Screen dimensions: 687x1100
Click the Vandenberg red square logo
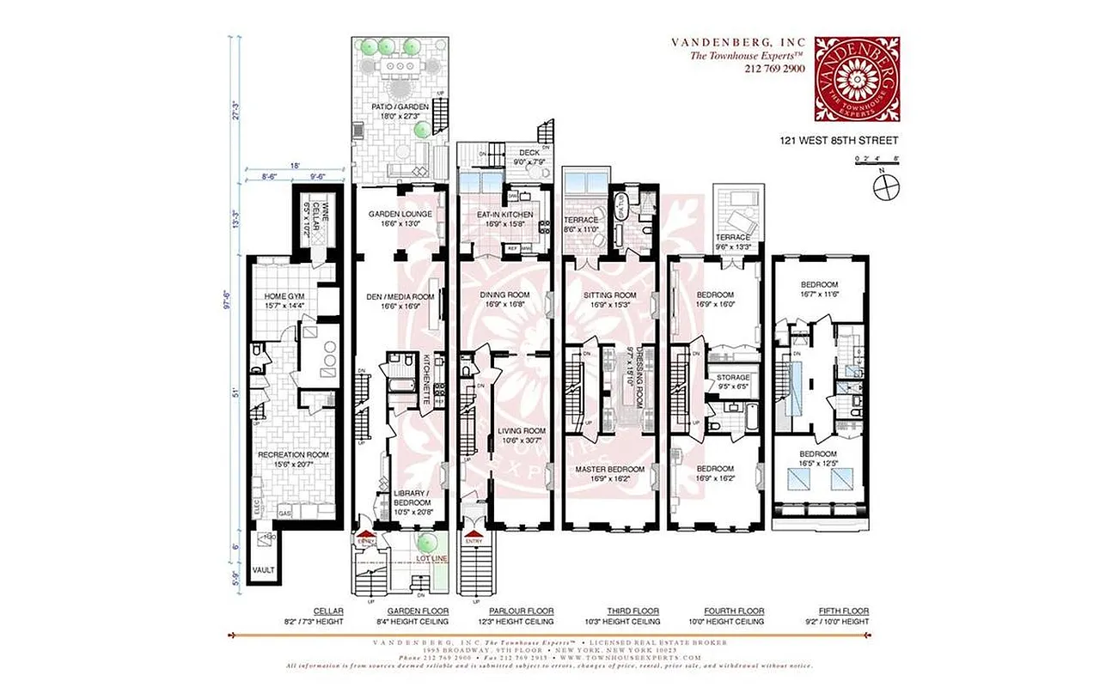pos(857,79)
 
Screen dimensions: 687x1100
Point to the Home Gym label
pos(284,296)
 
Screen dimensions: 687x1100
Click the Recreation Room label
pos(296,454)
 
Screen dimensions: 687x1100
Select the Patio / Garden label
pos(400,107)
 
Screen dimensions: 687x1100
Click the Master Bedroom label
pos(610,469)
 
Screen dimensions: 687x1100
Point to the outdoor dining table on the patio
pos(400,66)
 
